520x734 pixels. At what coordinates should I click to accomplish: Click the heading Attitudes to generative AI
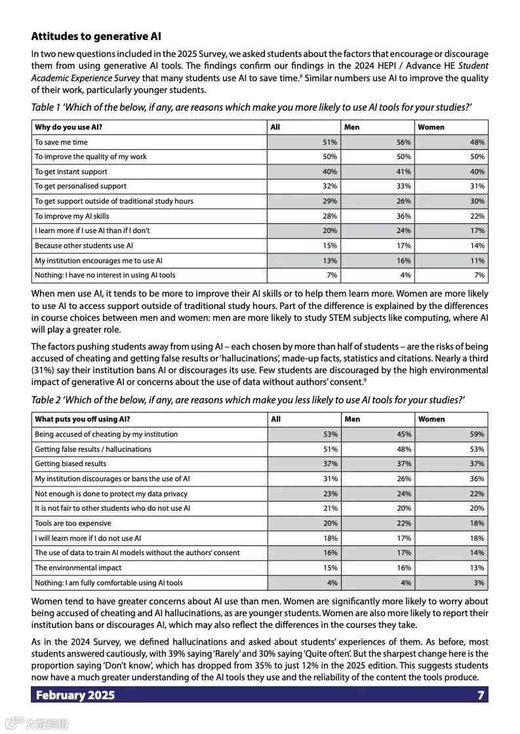pyautogui.click(x=96, y=37)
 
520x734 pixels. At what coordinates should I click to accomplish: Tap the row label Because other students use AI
pyautogui.click(x=84, y=246)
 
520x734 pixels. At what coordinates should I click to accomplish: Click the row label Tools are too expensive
pyautogui.click(x=73, y=523)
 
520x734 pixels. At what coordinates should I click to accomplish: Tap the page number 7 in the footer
pyautogui.click(x=481, y=695)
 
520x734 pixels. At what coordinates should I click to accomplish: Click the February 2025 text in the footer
pyautogui.click(x=75, y=695)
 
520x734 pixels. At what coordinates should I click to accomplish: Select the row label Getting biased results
pyautogui.click(x=70, y=464)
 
